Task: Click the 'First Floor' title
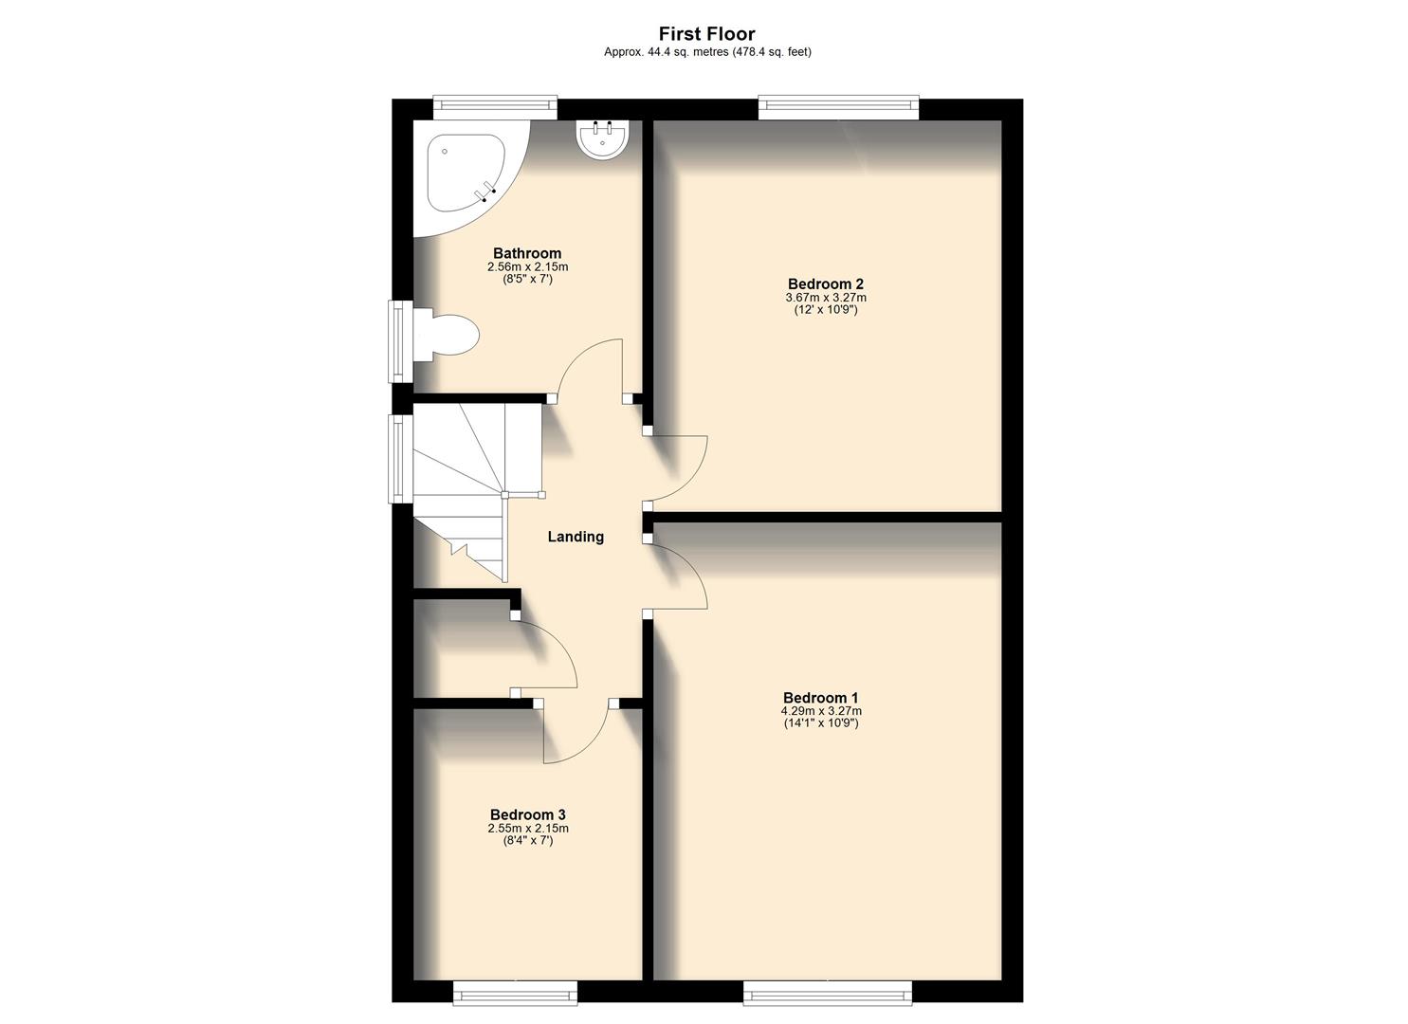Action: click(706, 34)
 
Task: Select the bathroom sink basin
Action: click(602, 140)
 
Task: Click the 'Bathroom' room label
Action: click(527, 253)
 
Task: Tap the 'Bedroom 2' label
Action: click(825, 283)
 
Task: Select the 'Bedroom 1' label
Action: click(820, 698)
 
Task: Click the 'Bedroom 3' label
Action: click(528, 814)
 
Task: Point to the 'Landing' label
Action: click(576, 537)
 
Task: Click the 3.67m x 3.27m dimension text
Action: click(825, 298)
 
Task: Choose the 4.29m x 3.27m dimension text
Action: click(820, 711)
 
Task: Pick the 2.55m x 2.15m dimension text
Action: click(528, 829)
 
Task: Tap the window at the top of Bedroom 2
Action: click(839, 107)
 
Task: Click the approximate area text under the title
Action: click(707, 53)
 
